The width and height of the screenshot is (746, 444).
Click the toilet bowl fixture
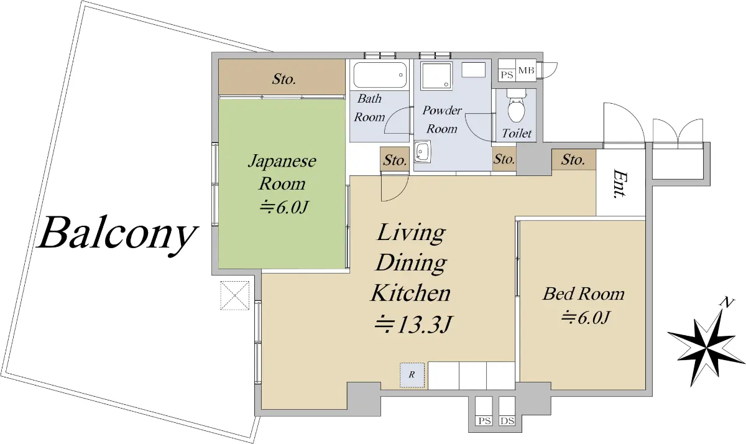point(516,105)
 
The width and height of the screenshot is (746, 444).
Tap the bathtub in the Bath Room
point(380,75)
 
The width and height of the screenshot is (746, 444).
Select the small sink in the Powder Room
point(422,151)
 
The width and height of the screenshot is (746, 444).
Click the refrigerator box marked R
point(412,375)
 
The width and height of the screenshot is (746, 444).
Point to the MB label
point(526,71)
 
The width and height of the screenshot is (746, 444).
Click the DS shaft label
point(507,421)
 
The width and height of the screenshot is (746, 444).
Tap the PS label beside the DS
point(484,421)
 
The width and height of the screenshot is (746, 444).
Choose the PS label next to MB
point(507,75)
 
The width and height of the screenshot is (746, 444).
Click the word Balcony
point(117,235)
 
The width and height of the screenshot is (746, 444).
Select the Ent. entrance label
point(620,183)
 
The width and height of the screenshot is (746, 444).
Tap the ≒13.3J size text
point(413,324)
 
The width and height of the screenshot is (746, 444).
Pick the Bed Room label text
point(584,294)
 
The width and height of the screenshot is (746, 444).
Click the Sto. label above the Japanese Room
point(283,79)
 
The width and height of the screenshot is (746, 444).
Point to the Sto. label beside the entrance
point(573,160)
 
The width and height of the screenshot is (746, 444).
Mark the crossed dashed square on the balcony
point(235,295)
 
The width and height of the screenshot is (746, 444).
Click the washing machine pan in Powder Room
point(436,76)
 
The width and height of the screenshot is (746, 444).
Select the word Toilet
point(517,133)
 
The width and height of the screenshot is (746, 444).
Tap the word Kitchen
point(411,293)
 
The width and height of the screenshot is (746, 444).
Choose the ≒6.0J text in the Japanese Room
point(283,208)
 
